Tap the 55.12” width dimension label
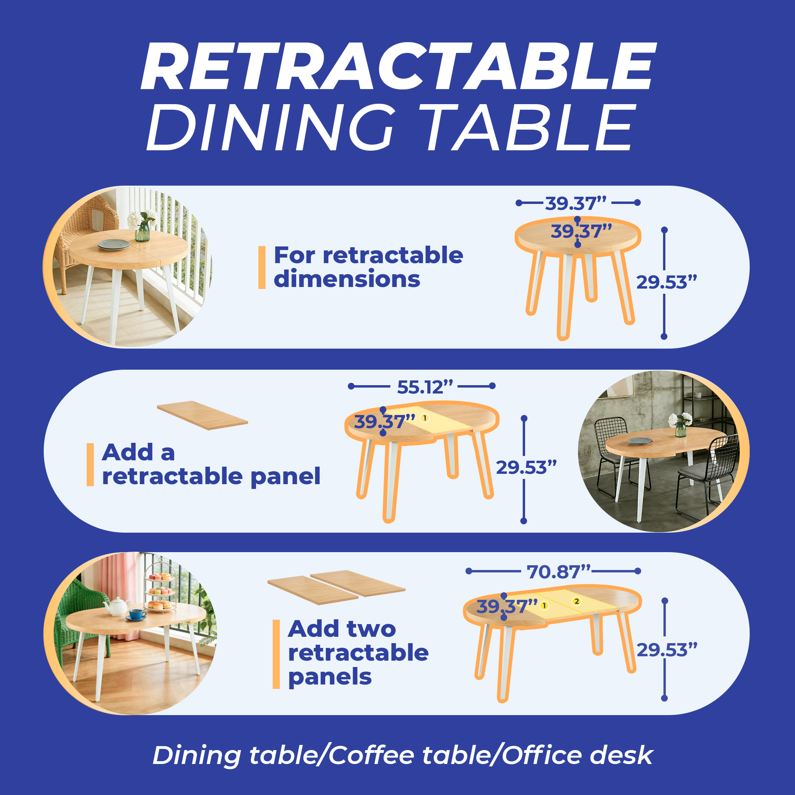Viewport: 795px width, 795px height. point(425,387)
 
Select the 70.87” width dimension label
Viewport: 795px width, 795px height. point(558,572)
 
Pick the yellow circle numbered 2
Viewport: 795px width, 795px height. point(576,601)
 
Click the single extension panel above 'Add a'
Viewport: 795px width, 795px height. point(202,415)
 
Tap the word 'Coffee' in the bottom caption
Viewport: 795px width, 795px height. point(371,756)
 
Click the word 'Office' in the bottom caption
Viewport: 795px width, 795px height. point(541,756)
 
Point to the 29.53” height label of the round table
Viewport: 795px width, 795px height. point(667,283)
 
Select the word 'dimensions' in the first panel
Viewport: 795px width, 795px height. point(347,279)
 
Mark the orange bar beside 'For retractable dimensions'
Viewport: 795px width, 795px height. point(262,268)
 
